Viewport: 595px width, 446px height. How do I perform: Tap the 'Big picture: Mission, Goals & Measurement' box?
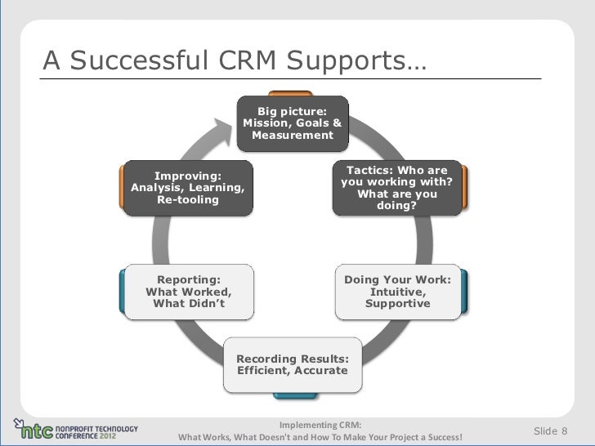coord(293,123)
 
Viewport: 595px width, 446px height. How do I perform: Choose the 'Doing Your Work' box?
coord(397,292)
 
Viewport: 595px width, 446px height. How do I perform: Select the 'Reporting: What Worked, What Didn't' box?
coord(188,292)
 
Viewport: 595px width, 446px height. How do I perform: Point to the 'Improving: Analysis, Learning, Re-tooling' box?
coord(188,189)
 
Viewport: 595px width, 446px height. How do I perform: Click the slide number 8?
coord(565,430)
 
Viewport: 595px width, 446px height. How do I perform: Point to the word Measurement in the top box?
coord(293,136)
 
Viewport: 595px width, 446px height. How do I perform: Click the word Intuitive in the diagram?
coord(397,292)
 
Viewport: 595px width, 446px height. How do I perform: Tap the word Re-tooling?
coord(187,200)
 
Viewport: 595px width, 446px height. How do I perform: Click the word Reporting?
coord(188,279)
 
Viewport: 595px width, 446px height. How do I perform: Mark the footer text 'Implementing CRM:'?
coord(320,425)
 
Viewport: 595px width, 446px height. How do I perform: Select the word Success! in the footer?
coord(440,437)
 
